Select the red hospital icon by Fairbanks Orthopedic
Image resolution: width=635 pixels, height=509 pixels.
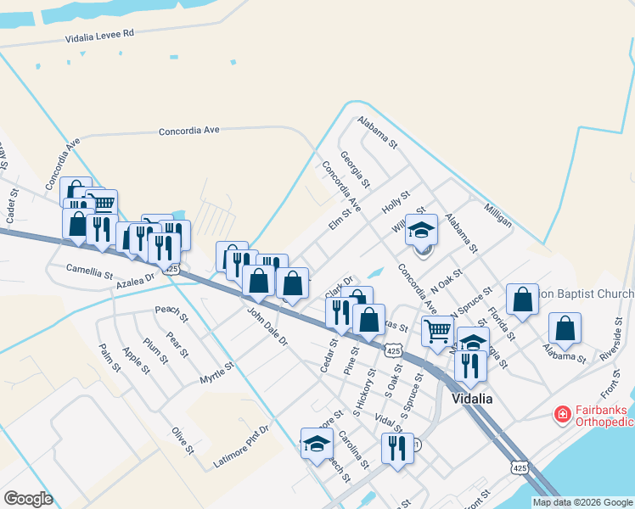tap(561, 414)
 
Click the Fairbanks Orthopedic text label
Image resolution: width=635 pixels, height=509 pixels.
tap(604, 415)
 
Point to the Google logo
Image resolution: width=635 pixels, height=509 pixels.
tap(28, 498)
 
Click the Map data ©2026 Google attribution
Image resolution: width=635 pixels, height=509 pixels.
tap(582, 502)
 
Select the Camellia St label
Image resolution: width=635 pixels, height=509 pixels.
tap(90, 273)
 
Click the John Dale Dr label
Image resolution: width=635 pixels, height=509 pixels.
tap(267, 330)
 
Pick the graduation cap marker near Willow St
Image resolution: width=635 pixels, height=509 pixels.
tap(421, 230)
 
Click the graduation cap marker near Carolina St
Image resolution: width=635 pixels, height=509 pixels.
tap(317, 444)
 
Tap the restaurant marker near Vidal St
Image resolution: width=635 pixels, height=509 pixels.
tap(397, 448)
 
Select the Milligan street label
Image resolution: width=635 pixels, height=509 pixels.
tap(498, 215)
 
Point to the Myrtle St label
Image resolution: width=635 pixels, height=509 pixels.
tap(216, 371)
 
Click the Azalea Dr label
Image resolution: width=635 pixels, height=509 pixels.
tap(136, 278)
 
